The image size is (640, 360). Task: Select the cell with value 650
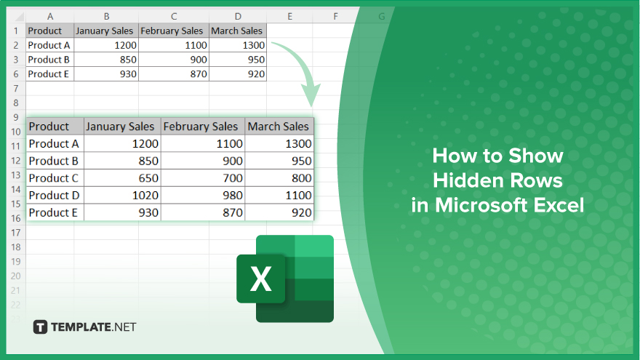(x=122, y=178)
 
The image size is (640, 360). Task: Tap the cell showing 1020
(x=122, y=195)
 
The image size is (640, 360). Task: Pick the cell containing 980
(x=203, y=195)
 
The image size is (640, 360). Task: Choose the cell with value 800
(x=279, y=178)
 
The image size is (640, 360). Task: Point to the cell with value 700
(x=203, y=178)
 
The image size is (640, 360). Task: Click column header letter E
(x=289, y=17)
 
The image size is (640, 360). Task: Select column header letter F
(x=335, y=17)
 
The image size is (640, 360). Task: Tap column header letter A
(x=50, y=17)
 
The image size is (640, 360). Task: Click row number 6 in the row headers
(x=16, y=74)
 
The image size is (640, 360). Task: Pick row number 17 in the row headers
(x=16, y=233)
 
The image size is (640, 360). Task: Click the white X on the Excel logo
(x=261, y=279)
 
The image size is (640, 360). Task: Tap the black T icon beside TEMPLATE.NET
(x=40, y=327)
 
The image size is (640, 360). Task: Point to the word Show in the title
(x=536, y=156)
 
